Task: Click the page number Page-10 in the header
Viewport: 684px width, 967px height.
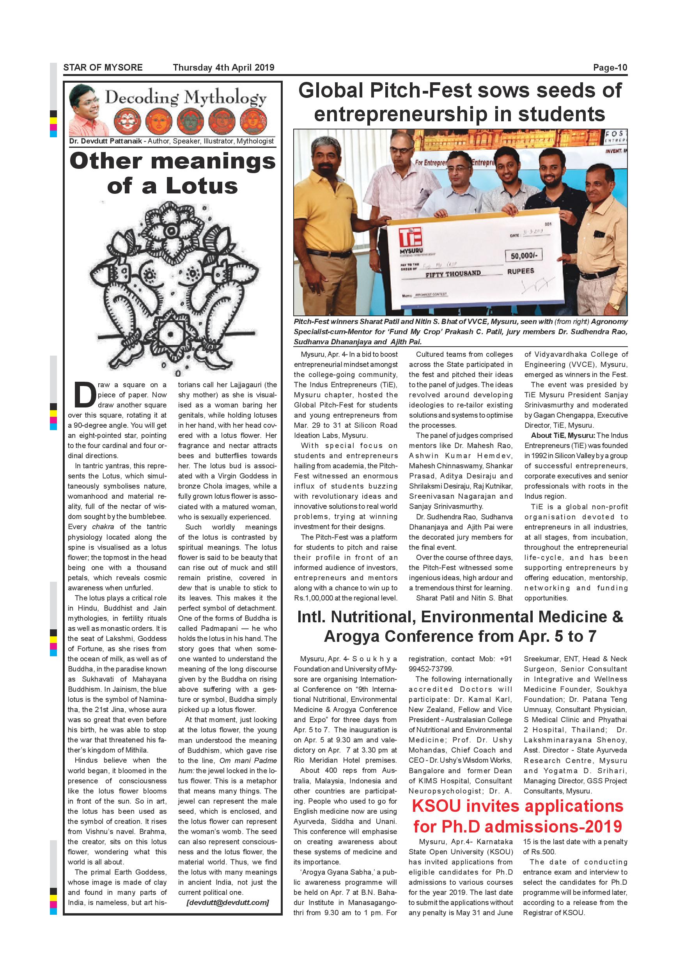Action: point(610,67)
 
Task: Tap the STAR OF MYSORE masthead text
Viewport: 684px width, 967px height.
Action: point(103,67)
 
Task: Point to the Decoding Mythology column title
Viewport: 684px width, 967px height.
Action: point(185,97)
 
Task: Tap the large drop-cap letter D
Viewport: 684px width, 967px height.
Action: point(85,395)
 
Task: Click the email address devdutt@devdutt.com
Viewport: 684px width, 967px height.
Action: point(227,902)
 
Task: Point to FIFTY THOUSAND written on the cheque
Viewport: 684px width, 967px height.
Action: point(453,274)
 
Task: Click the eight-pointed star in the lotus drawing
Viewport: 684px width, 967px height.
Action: point(170,335)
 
